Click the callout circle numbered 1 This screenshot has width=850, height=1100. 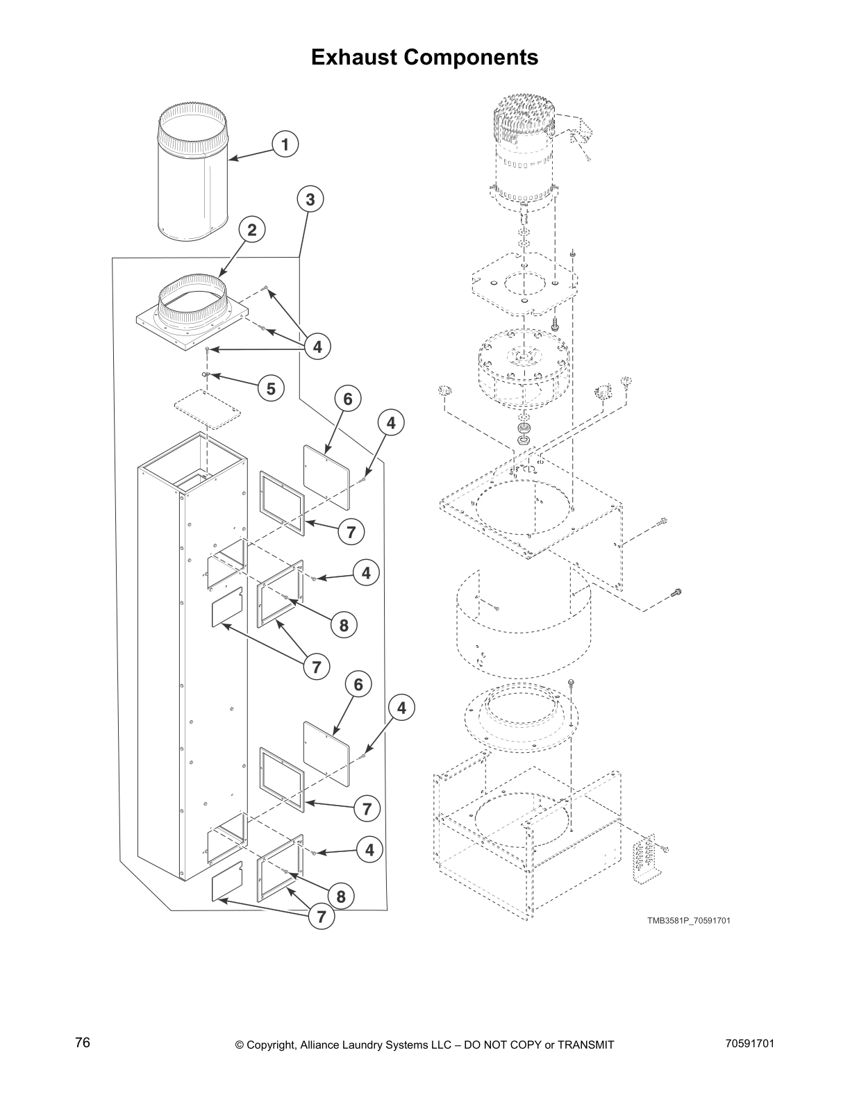[x=285, y=144]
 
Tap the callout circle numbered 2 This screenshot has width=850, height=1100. [x=252, y=230]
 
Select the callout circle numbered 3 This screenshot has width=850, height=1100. [x=310, y=200]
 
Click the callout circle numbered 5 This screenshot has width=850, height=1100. [x=271, y=389]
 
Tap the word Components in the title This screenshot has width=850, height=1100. [x=472, y=57]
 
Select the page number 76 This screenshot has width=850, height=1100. [x=83, y=1043]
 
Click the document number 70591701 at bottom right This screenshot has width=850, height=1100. [x=749, y=1044]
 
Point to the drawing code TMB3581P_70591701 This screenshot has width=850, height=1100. [x=688, y=921]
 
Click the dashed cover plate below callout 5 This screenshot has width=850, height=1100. [x=207, y=411]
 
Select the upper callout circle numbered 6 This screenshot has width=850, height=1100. [x=348, y=399]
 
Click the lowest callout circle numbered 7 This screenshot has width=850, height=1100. [x=321, y=916]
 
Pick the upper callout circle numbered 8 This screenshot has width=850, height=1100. [x=344, y=626]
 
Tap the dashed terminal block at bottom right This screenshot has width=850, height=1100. [x=644, y=861]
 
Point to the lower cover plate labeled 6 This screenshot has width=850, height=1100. [x=327, y=753]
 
